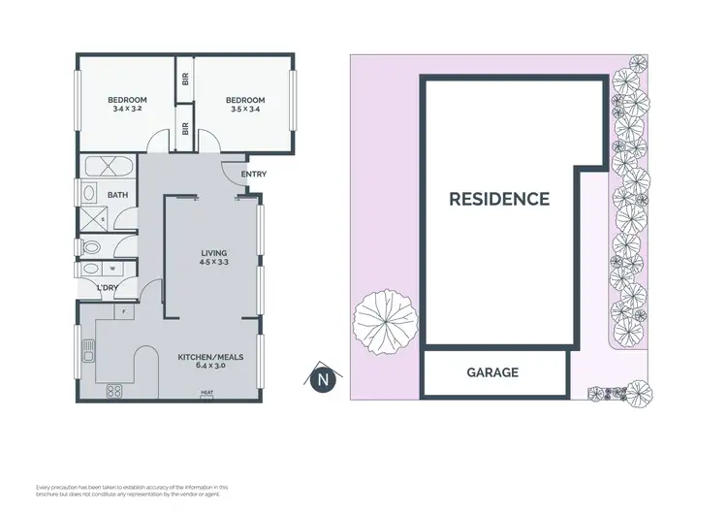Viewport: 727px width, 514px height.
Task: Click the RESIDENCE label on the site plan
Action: [x=498, y=200]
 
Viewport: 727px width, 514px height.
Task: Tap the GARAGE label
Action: [x=492, y=372]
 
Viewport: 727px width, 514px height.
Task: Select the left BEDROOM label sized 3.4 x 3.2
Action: [x=127, y=104]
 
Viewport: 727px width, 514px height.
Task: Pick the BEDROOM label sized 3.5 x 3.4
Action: [x=245, y=104]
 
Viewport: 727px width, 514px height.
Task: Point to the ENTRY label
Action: [x=253, y=175]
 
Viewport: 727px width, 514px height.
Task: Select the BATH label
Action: [x=117, y=195]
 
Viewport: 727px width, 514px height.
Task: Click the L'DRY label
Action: [x=107, y=288]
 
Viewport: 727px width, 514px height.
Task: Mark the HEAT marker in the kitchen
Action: [x=206, y=393]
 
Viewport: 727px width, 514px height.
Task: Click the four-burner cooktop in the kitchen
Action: [x=113, y=392]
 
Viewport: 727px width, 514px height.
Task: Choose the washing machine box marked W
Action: [x=114, y=269]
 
